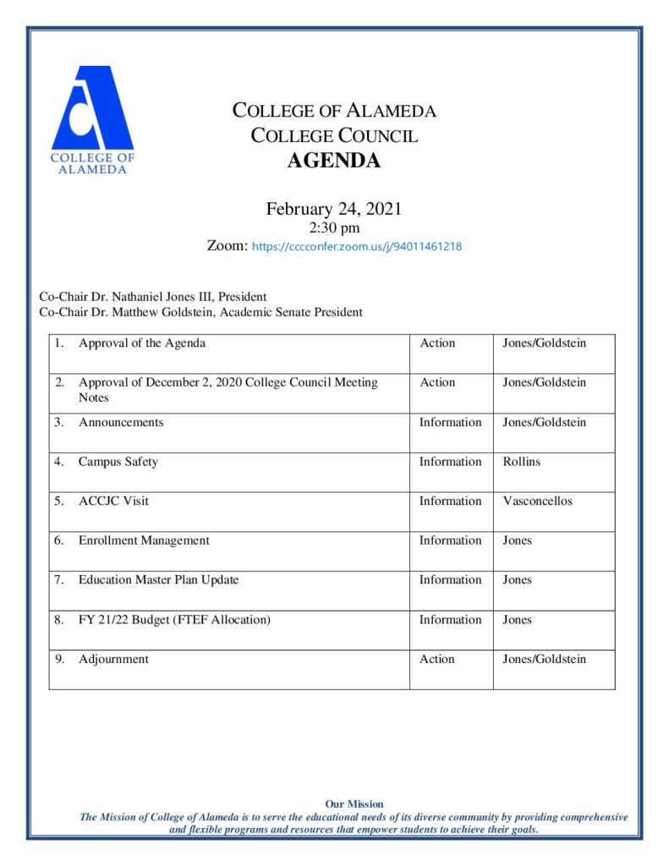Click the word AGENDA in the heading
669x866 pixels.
click(334, 161)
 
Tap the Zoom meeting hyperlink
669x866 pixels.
click(357, 247)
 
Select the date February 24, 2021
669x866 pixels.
click(334, 209)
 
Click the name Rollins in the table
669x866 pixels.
click(521, 462)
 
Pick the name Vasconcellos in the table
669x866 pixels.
click(537, 501)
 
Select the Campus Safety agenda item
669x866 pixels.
click(118, 462)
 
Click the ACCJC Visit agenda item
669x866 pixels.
click(113, 501)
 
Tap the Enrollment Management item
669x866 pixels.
click(144, 540)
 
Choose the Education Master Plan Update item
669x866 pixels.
click(158, 580)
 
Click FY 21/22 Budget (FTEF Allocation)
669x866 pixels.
click(174, 620)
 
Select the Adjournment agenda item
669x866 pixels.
click(113, 659)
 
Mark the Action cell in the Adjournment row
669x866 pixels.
click(437, 659)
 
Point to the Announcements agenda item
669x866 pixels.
click(121, 422)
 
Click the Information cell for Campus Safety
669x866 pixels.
click(450, 462)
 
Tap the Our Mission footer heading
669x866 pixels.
click(354, 804)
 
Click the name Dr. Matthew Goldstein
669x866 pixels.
click(151, 312)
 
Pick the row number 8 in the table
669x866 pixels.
click(59, 620)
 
